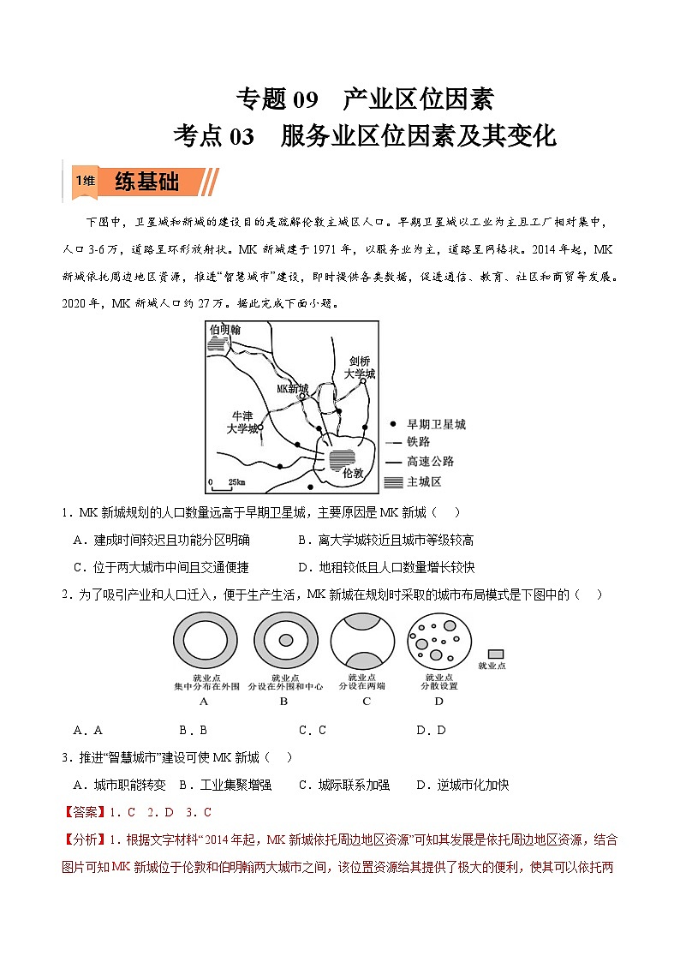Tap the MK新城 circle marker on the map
click(x=301, y=397)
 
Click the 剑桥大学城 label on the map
click(x=359, y=367)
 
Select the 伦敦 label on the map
click(x=352, y=472)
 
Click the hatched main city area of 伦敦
click(x=342, y=459)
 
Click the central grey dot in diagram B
click(x=284, y=640)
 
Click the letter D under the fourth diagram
click(x=438, y=701)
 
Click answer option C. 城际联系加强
click(x=343, y=785)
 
